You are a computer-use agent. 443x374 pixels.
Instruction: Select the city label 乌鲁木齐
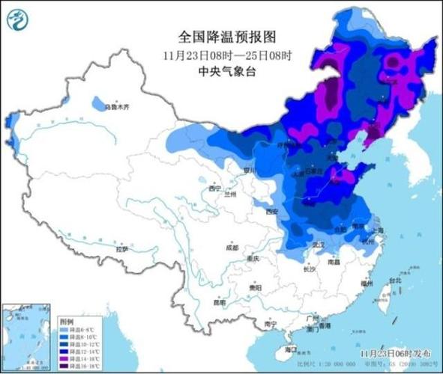[116, 107]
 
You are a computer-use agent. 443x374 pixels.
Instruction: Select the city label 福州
[367, 283]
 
